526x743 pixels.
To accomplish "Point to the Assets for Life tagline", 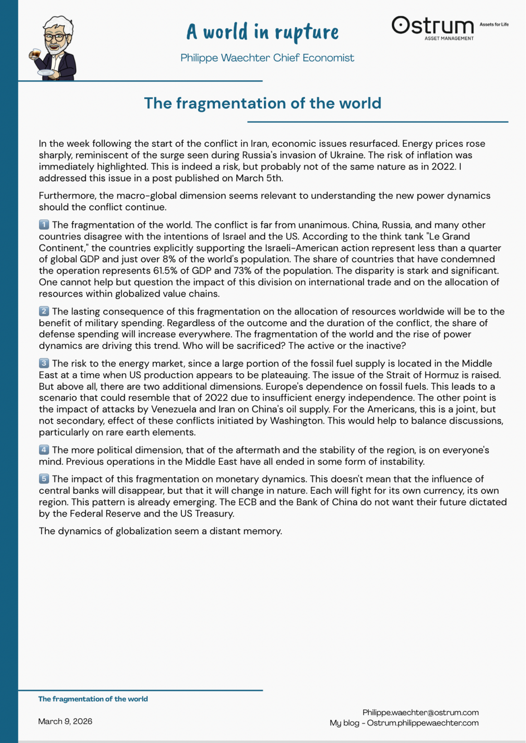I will tap(494, 24).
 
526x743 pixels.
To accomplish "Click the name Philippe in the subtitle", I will tap(199, 58).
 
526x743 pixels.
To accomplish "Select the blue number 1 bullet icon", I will tap(44, 225).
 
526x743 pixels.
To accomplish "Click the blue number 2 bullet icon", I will tap(44, 311).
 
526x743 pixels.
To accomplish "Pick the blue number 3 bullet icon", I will tap(44, 363).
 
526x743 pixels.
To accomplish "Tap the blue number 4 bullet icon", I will tap(44, 450).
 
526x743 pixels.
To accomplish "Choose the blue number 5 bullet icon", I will tap(44, 479).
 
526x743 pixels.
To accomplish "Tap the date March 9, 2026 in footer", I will tap(65, 721).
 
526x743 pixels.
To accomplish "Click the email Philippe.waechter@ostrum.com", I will tap(420, 713).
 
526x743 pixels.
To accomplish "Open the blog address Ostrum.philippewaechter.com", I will tap(423, 723).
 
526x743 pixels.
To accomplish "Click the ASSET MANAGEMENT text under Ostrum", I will tap(449, 39).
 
